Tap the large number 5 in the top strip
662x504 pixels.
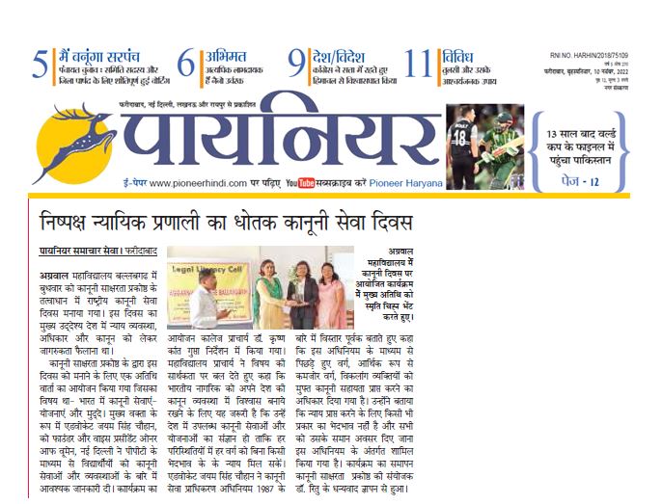pyautogui.click(x=39, y=65)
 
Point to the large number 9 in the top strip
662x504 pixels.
pyautogui.click(x=297, y=65)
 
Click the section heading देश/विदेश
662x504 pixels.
pyautogui.click(x=339, y=54)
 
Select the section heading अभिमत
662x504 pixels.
pyautogui.click(x=225, y=54)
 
